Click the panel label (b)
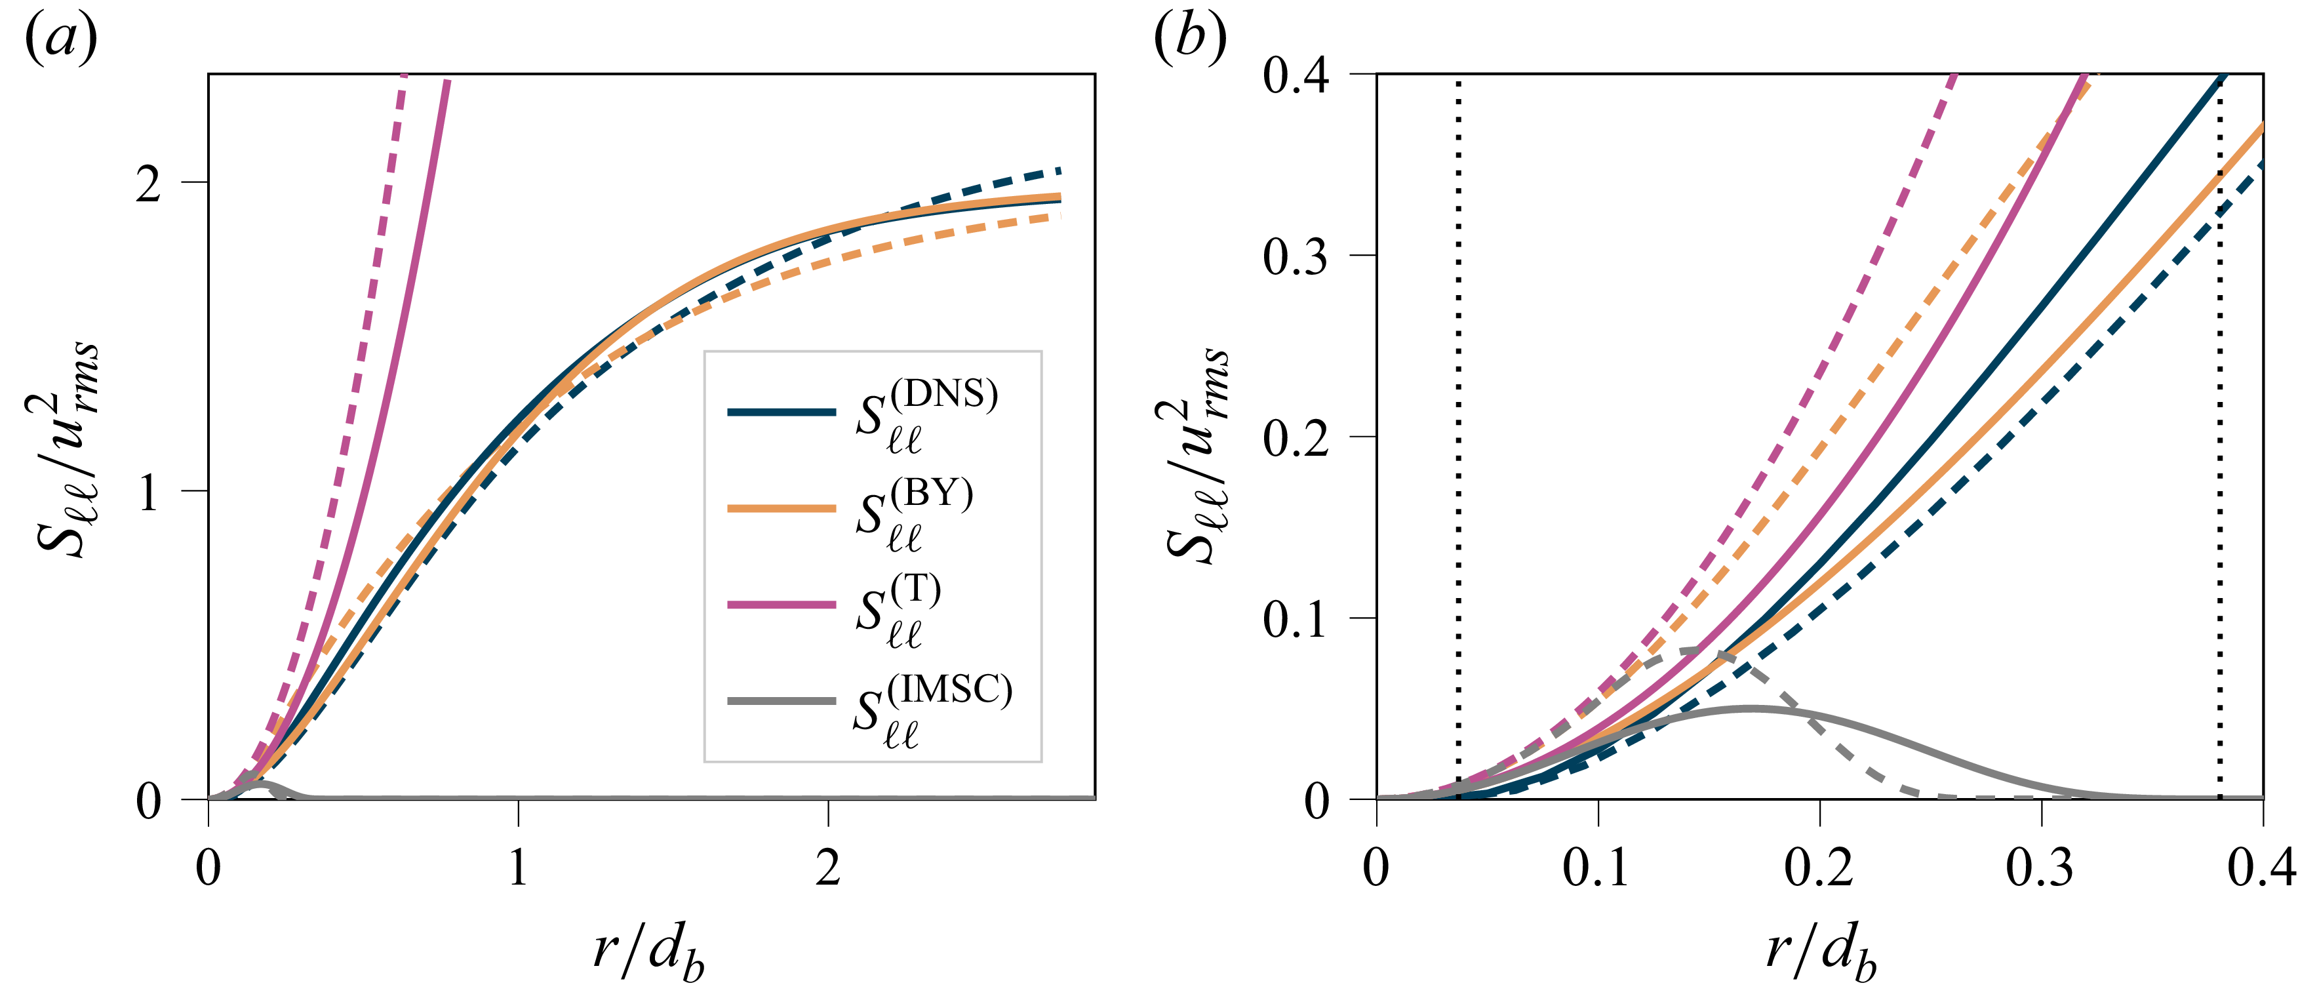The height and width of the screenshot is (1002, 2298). (1189, 40)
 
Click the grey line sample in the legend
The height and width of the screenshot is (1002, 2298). (782, 700)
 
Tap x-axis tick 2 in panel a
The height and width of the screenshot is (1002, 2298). (828, 868)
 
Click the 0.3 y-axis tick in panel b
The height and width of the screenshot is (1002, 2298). (1296, 257)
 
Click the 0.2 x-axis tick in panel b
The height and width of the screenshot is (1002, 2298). (1819, 868)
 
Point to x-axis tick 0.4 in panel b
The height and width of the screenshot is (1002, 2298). (2261, 868)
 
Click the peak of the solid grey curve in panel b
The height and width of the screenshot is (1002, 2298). (1751, 708)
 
